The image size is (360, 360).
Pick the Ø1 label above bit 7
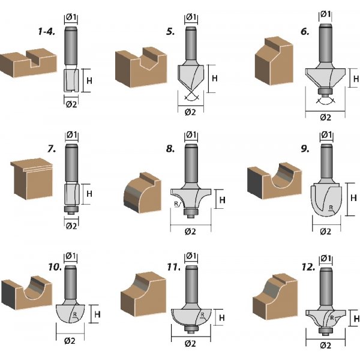point(71,134)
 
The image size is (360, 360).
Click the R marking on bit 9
point(331,209)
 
